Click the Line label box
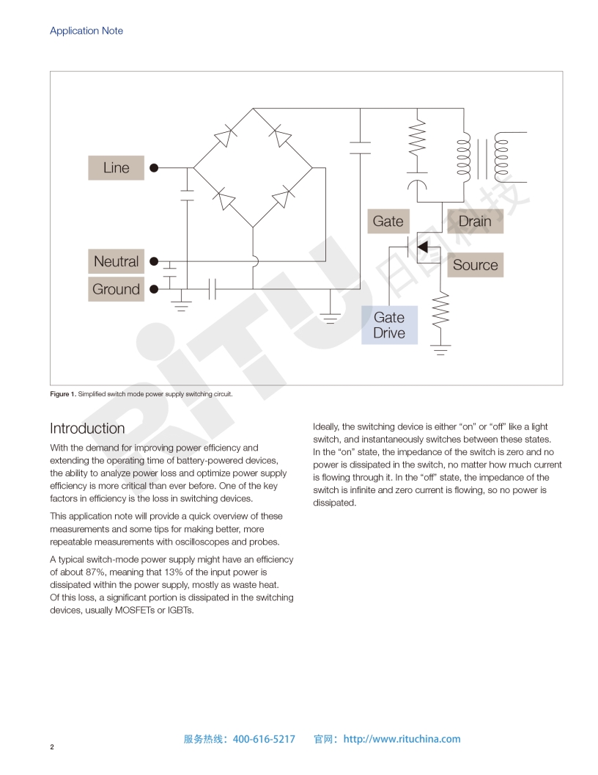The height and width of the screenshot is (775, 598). tap(116, 168)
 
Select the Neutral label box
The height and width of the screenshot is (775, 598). tap(116, 261)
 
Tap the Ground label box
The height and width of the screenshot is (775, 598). tap(116, 289)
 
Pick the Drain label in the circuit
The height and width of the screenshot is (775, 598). tap(475, 221)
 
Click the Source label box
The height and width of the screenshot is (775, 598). tap(475, 265)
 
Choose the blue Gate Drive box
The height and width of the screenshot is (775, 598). tap(389, 325)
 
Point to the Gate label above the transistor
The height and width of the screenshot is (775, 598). tap(388, 221)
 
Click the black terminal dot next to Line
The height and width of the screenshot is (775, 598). tap(154, 168)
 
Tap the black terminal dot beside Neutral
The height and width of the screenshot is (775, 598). tap(154, 261)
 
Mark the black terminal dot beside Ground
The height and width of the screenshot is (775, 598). tap(154, 289)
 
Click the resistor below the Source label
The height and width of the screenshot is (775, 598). tap(440, 310)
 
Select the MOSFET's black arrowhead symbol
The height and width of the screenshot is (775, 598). tap(422, 247)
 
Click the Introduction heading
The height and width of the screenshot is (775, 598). tap(87, 428)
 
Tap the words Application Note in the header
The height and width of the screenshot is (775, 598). tap(86, 31)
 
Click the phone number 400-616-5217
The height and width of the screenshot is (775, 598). tap(264, 739)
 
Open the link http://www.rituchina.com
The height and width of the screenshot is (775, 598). tap(402, 739)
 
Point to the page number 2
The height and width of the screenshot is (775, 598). tap(52, 747)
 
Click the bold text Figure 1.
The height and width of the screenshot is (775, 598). tap(62, 394)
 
